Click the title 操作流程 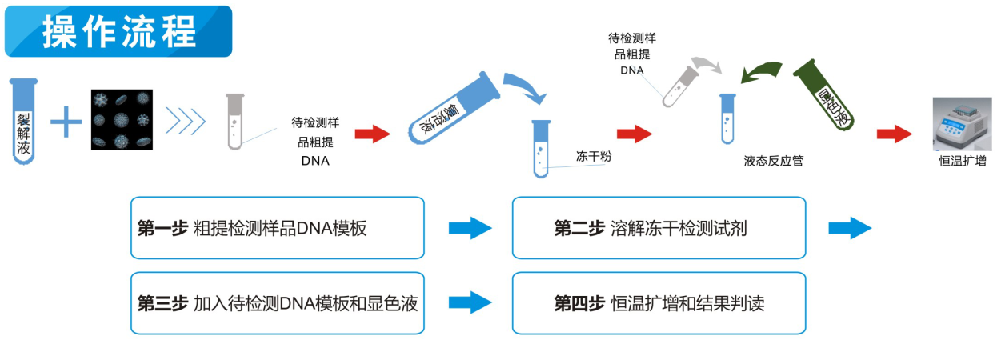point(118,32)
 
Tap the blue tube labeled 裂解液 point(24,120)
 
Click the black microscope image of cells point(122,120)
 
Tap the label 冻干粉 point(594,157)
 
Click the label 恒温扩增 point(962,161)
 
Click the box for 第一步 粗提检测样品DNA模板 point(277,228)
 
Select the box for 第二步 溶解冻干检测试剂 point(659,228)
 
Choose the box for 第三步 point(277,303)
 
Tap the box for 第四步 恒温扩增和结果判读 point(659,303)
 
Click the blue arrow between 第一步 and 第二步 point(470,229)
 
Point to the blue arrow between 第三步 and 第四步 point(470,302)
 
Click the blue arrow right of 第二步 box point(849,229)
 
